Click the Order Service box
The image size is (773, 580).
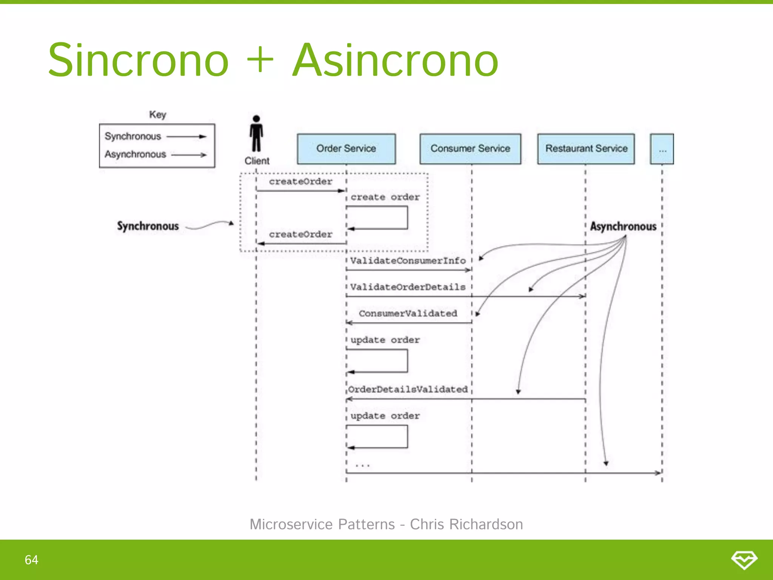(x=346, y=149)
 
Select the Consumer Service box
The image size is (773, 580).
(x=470, y=149)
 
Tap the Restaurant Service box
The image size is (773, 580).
(x=586, y=149)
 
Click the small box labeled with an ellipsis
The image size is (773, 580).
(x=662, y=149)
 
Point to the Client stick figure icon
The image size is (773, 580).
(x=256, y=134)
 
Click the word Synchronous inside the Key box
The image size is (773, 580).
(x=133, y=136)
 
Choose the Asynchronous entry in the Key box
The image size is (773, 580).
(x=136, y=154)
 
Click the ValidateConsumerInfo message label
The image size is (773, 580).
(x=408, y=261)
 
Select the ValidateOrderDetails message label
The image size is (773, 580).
(x=408, y=287)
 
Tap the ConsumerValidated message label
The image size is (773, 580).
(x=408, y=313)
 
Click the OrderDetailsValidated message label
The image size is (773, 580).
(x=408, y=389)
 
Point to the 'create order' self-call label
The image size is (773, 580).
(x=385, y=197)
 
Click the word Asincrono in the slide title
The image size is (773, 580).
(x=395, y=60)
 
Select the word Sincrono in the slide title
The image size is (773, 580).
(x=139, y=60)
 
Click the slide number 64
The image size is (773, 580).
(x=31, y=560)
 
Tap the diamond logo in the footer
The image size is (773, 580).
(x=744, y=560)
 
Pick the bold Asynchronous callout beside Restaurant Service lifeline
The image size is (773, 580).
(x=623, y=227)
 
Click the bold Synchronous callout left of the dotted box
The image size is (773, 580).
(x=148, y=226)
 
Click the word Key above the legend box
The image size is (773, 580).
(x=157, y=114)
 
